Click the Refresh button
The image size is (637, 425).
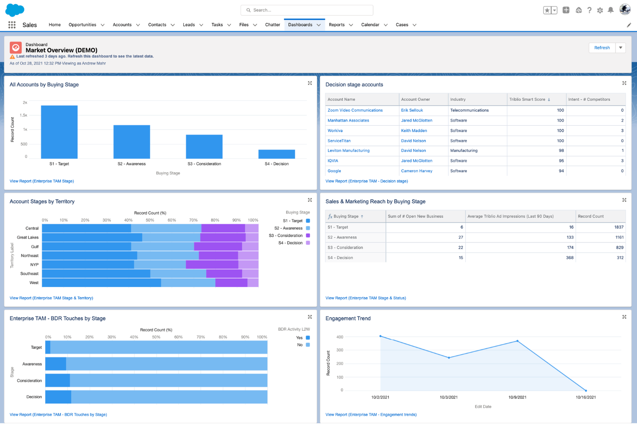602,48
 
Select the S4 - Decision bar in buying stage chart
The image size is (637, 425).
276,154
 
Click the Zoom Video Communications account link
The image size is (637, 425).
355,110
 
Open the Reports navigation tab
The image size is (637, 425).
337,25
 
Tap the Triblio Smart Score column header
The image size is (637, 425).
527,99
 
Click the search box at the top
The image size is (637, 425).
306,10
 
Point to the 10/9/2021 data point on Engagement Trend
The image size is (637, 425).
517,341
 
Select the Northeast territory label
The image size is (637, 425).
30,256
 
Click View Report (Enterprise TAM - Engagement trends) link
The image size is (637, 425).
371,415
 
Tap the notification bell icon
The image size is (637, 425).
610,10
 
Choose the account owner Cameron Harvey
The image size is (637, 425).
416,171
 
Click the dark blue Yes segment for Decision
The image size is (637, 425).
58,397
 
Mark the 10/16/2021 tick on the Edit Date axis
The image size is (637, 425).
585,397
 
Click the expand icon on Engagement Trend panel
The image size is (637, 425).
624,317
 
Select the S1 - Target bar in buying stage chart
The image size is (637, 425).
59,132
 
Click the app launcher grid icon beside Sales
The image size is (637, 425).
12,25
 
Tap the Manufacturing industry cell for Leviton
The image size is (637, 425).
464,151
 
